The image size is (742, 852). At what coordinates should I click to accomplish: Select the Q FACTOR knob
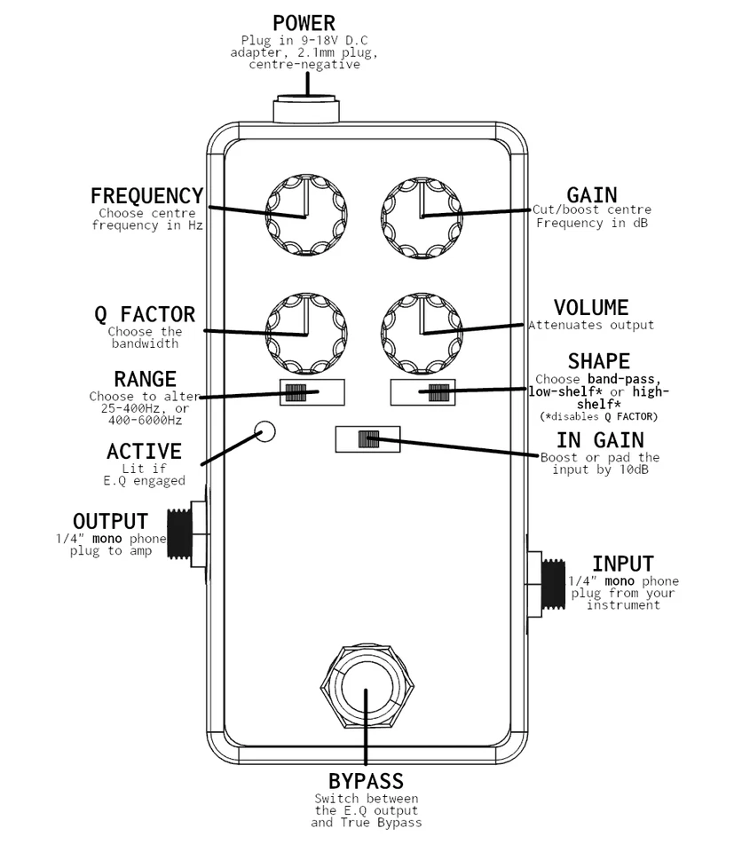(304, 333)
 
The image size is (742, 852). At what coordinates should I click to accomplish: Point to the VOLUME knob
(422, 333)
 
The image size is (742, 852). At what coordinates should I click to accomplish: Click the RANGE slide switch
(312, 391)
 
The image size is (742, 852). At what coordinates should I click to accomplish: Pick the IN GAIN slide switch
(367, 438)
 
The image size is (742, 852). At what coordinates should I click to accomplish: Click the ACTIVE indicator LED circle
(264, 431)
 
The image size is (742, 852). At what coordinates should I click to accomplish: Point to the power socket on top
(306, 110)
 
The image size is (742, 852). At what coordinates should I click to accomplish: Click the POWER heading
(304, 22)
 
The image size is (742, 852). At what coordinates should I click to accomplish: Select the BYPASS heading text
(366, 782)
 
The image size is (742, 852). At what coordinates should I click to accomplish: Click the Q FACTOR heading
(145, 314)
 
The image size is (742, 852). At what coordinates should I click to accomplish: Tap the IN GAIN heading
(600, 440)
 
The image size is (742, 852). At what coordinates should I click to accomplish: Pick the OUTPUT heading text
(110, 521)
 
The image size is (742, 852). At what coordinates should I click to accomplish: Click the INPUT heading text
(622, 564)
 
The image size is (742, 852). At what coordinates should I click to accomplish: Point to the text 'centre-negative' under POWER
(304, 65)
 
